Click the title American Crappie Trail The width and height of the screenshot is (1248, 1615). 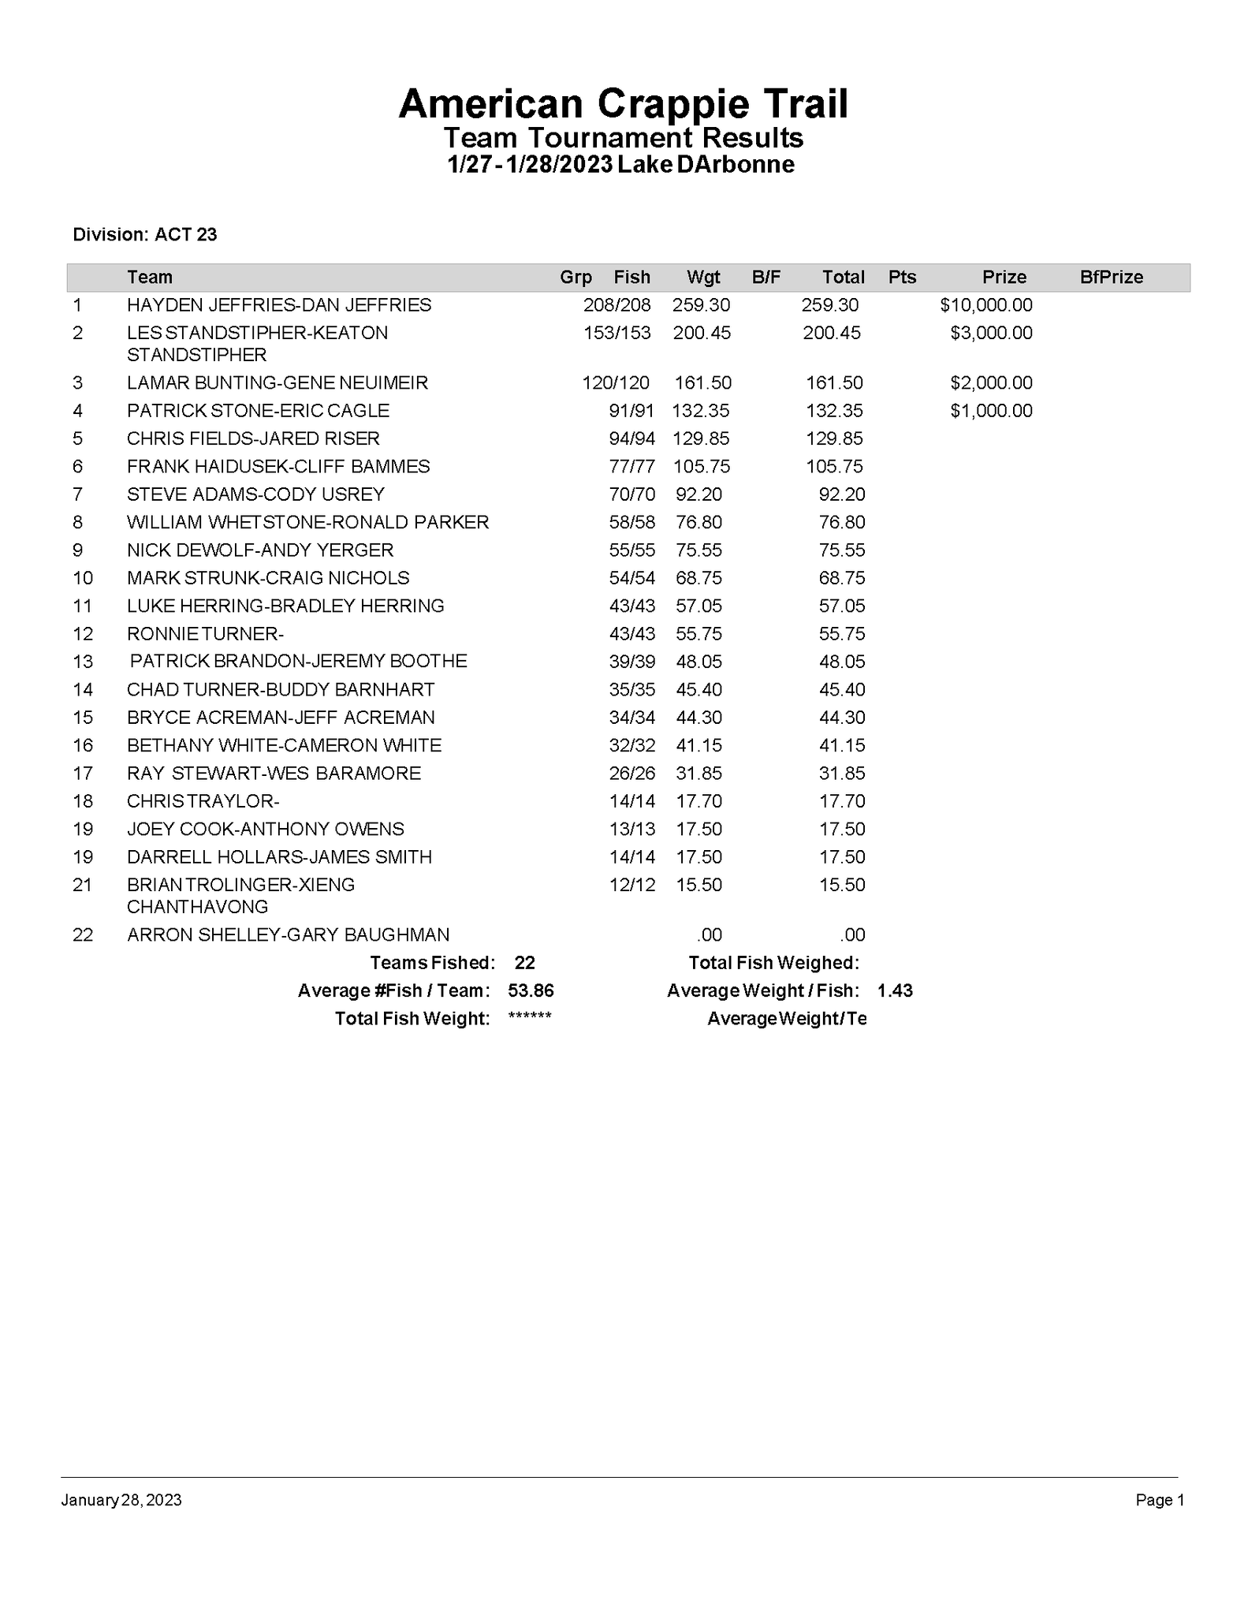pyautogui.click(x=623, y=103)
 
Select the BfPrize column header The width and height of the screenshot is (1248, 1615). pyautogui.click(x=1111, y=277)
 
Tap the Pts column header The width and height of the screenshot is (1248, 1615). pyautogui.click(x=902, y=277)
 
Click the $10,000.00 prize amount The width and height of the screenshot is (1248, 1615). pyautogui.click(x=985, y=305)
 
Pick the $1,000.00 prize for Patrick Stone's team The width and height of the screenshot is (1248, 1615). pyautogui.click(x=991, y=411)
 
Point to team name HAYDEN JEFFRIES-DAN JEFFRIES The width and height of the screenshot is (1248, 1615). pyautogui.click(x=279, y=305)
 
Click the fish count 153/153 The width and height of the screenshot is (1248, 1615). pyautogui.click(x=617, y=333)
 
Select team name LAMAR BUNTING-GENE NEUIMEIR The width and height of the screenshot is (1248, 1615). pyautogui.click(x=278, y=383)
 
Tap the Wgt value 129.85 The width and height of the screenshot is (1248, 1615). pyautogui.click(x=701, y=438)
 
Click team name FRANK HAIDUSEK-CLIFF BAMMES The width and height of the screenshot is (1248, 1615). pyautogui.click(x=278, y=467)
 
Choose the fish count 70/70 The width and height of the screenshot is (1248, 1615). pyautogui.click(x=632, y=494)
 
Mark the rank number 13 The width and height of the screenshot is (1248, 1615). pyautogui.click(x=83, y=662)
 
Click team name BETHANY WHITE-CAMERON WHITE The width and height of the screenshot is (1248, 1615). pyautogui.click(x=284, y=745)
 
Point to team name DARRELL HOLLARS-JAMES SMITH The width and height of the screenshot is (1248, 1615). pyautogui.click(x=279, y=857)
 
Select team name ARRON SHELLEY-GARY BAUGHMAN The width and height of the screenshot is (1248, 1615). pyautogui.click(x=288, y=935)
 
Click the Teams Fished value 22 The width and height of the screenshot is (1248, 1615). pyautogui.click(x=524, y=963)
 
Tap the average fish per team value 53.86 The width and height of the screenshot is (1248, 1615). pyautogui.click(x=531, y=990)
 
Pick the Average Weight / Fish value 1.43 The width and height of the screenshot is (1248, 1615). pyautogui.click(x=895, y=990)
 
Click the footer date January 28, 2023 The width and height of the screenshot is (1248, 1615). pyautogui.click(x=121, y=1500)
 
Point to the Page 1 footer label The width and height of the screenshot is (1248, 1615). pyautogui.click(x=1160, y=1500)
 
